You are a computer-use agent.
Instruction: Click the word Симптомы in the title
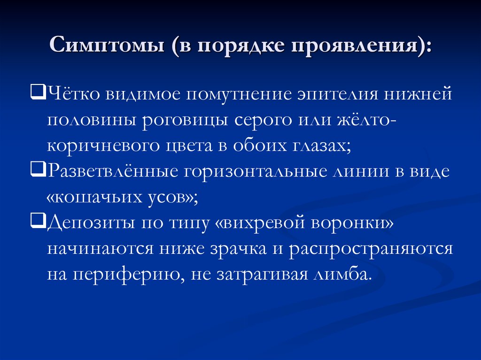[107, 47]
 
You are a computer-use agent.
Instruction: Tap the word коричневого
[104, 146]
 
